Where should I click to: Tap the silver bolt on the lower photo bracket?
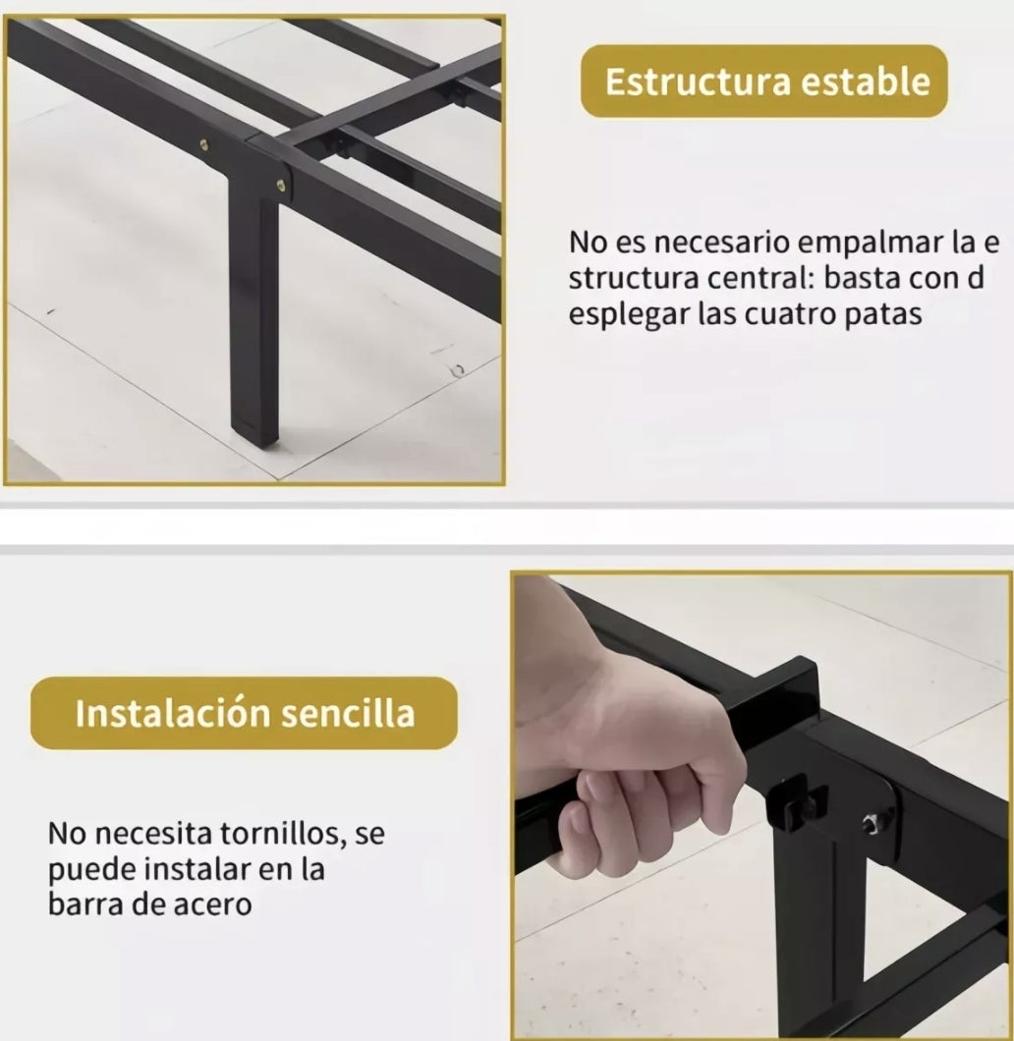point(873,823)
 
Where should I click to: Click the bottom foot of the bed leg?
point(255,432)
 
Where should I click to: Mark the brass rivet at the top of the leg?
point(282,184)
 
